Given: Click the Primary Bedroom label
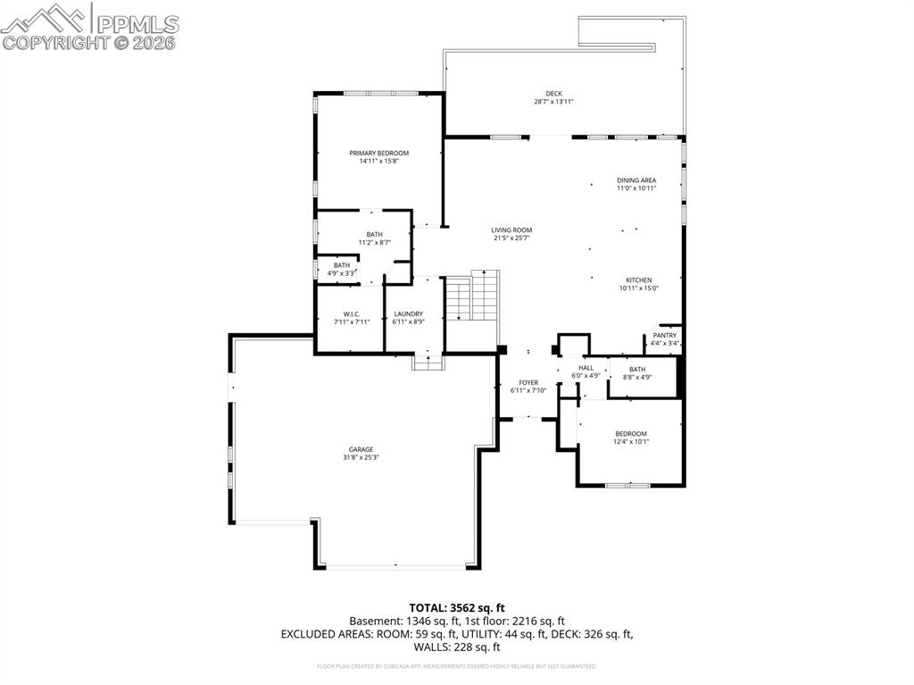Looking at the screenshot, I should (378, 154).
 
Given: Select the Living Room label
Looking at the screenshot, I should (511, 230).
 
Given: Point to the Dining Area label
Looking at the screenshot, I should (636, 180).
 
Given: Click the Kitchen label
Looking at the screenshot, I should (638, 280).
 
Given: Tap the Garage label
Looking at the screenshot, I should (361, 449).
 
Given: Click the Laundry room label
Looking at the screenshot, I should (408, 314).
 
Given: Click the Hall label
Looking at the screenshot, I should (586, 368).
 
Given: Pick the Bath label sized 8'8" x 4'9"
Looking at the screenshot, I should (637, 369).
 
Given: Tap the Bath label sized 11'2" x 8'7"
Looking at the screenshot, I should (375, 235).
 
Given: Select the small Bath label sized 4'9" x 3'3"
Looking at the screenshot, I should (342, 265).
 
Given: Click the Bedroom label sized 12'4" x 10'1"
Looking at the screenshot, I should (631, 434).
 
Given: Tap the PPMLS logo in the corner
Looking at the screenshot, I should (89, 25).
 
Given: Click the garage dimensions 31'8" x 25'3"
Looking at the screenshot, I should (361, 457).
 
